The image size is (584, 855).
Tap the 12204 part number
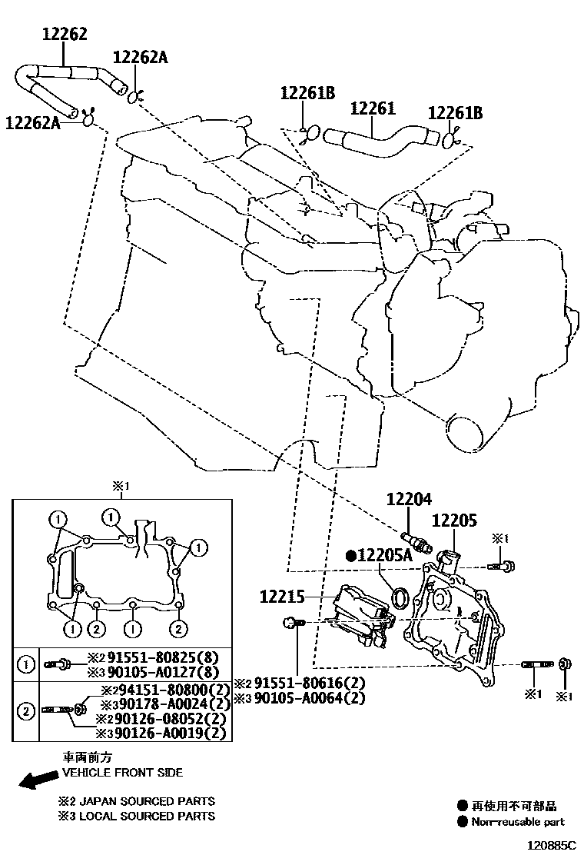click(410, 500)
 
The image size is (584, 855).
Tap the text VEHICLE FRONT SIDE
click(122, 772)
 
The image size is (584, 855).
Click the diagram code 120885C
click(549, 844)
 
